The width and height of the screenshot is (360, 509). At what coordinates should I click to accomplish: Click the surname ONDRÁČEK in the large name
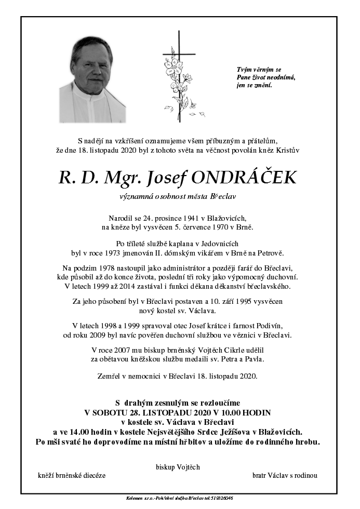click(x=245, y=178)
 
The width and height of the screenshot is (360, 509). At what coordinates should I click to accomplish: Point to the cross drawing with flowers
click(x=179, y=78)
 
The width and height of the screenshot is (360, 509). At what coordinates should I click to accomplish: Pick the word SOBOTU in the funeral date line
click(x=111, y=412)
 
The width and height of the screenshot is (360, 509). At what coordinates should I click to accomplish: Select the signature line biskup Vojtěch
click(x=178, y=467)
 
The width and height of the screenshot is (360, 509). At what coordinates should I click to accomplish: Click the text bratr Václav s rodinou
click(x=285, y=475)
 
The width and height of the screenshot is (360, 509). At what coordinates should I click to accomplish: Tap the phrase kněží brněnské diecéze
click(x=72, y=475)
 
